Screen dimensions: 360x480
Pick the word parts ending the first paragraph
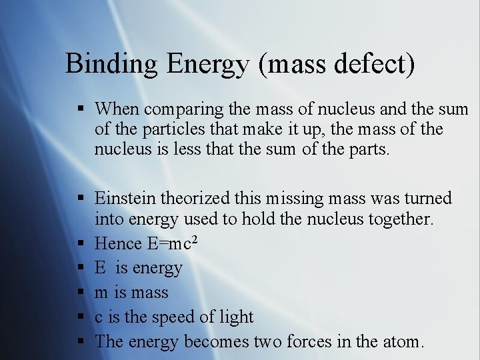point(365,149)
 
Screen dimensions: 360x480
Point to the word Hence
point(118,243)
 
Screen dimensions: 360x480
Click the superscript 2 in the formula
point(194,238)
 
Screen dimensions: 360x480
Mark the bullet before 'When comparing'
point(80,109)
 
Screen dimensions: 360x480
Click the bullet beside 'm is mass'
point(80,293)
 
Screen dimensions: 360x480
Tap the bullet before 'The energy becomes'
point(80,342)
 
